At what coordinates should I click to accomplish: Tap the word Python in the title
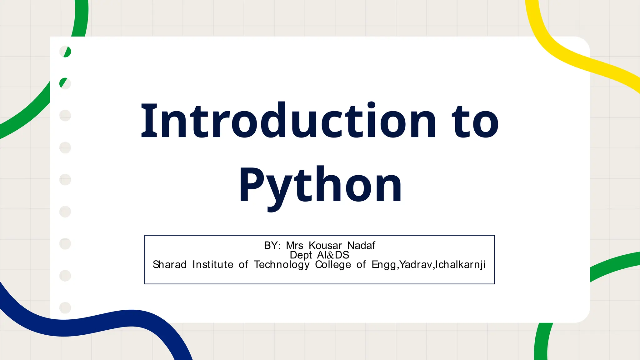[320, 185]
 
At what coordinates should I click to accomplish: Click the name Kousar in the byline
[325, 246]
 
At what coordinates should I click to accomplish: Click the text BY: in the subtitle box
[272, 246]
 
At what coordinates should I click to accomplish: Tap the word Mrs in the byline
[294, 246]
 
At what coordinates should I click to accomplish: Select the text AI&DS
[333, 255]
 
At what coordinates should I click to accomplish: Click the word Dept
[301, 255]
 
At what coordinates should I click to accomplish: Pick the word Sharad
[169, 265]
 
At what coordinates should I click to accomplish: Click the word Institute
[212, 265]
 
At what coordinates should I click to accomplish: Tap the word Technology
[282, 265]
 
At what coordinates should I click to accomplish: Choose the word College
[333, 265]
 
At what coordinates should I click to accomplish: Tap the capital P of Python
[252, 185]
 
